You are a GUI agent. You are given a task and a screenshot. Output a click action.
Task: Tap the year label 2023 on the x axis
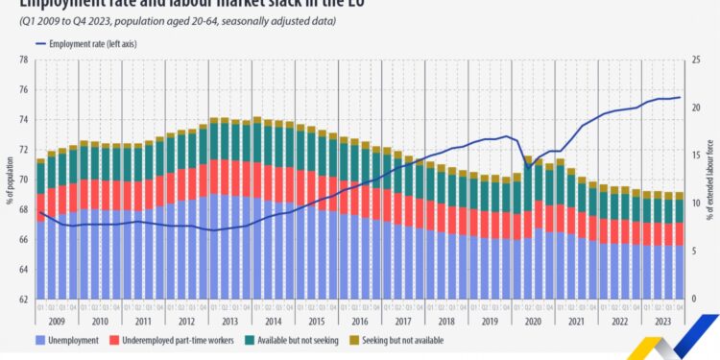[x=661, y=322]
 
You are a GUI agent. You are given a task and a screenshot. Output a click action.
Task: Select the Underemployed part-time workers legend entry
[x=165, y=340]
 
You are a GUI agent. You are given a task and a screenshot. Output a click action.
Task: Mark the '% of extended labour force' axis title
[x=711, y=180]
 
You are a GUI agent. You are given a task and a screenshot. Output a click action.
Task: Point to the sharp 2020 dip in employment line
[x=527, y=169]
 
